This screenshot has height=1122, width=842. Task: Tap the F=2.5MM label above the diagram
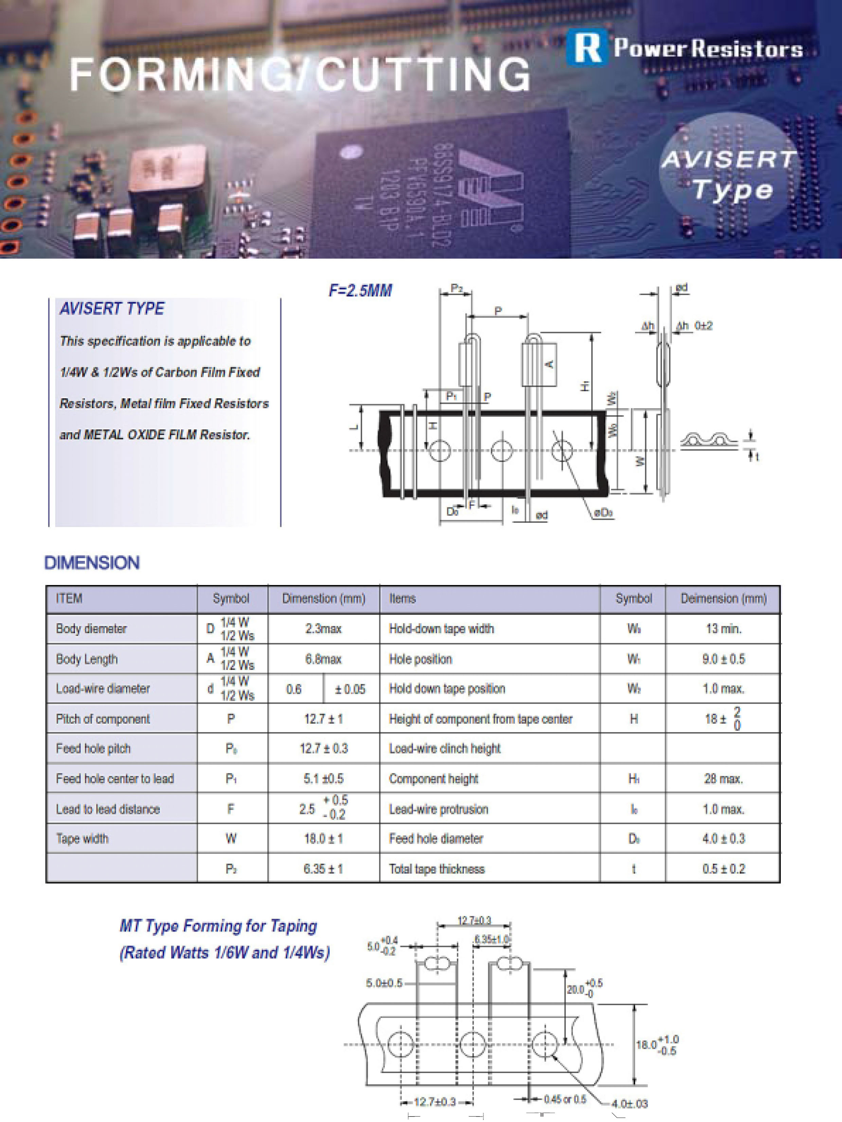[360, 291]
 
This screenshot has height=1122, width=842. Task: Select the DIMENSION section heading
[92, 563]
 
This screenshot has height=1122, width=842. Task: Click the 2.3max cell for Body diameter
[323, 628]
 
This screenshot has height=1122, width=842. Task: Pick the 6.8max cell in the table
[323, 659]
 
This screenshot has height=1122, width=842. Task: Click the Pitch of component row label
[103, 719]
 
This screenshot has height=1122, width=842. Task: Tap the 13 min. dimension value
[723, 628]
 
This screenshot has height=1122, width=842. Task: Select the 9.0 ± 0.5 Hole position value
[723, 659]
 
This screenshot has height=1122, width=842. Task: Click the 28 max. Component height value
[723, 779]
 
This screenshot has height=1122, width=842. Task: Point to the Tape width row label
[82, 839]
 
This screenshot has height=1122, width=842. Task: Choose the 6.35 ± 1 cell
[323, 869]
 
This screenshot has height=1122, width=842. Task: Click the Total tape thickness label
[436, 869]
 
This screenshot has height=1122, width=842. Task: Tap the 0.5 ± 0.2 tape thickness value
[723, 869]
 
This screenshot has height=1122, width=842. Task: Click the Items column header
[402, 599]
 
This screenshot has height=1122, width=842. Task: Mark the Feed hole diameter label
[436, 839]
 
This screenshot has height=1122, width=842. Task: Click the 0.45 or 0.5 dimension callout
[565, 1099]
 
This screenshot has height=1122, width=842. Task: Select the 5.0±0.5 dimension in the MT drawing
[384, 983]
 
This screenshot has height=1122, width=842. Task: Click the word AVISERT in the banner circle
[729, 159]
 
